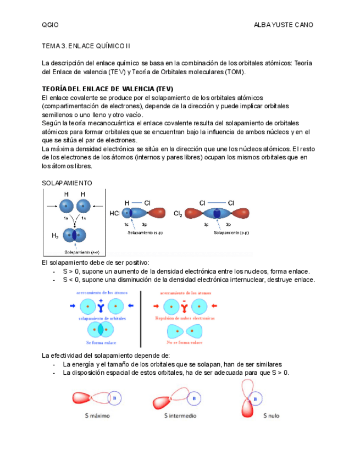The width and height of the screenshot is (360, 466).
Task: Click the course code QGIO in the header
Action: (x=50, y=25)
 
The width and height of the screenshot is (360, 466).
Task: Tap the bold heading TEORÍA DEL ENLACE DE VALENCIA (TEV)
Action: (x=107, y=89)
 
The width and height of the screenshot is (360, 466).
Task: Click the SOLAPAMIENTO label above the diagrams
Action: (x=67, y=182)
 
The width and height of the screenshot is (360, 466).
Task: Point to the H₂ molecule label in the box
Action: (x=55, y=236)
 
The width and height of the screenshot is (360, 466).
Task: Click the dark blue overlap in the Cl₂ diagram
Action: (x=217, y=213)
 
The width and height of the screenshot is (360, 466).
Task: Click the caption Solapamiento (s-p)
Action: (x=146, y=232)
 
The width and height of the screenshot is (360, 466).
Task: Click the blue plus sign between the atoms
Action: (x=101, y=301)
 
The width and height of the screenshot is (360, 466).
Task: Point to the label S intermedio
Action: (x=180, y=416)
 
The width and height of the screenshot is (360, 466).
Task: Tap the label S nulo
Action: (x=271, y=416)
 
